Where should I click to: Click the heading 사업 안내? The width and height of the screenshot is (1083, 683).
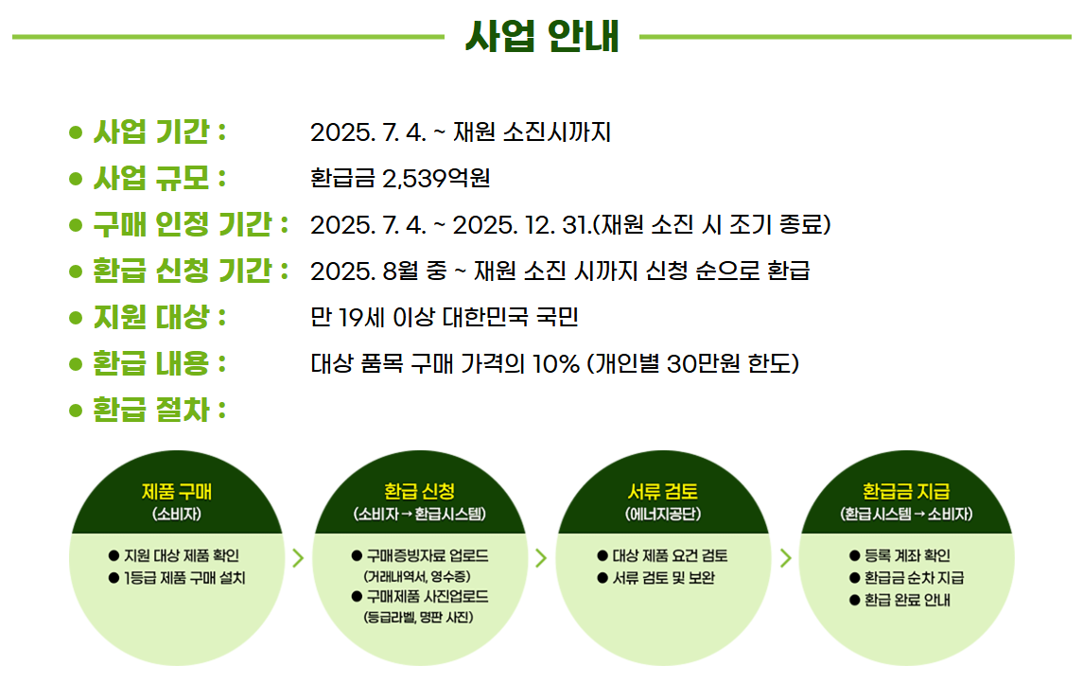(x=542, y=36)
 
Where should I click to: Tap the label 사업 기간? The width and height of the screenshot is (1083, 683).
(x=150, y=131)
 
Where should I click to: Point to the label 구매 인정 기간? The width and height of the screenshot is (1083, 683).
(x=189, y=224)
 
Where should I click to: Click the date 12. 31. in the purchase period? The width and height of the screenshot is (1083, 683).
(x=556, y=225)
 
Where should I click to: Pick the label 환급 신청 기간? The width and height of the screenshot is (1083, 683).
(x=189, y=271)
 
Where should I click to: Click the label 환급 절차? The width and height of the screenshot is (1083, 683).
(x=150, y=410)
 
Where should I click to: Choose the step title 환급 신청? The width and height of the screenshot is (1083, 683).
(x=419, y=491)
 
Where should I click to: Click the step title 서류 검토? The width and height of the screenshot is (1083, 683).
(x=662, y=491)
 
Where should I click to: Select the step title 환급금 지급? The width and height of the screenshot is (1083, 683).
(x=905, y=491)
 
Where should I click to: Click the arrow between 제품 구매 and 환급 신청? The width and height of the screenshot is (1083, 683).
(x=298, y=557)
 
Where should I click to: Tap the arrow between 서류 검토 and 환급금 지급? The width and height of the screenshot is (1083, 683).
(x=784, y=557)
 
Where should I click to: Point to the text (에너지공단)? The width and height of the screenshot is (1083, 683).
(x=662, y=515)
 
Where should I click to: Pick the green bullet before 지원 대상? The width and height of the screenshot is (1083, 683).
(x=77, y=317)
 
